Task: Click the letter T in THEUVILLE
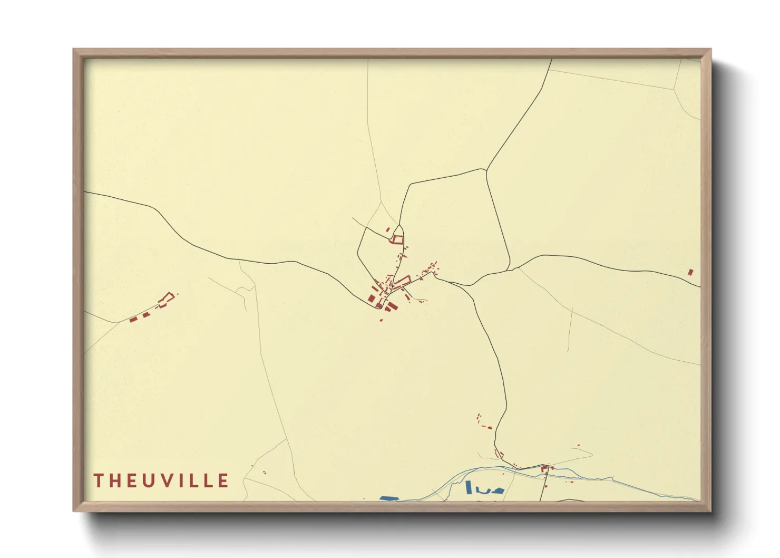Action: (99, 480)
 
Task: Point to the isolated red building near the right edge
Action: (690, 272)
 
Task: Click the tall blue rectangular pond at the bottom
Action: (468, 487)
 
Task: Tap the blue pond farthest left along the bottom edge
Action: (389, 498)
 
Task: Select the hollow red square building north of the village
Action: (397, 240)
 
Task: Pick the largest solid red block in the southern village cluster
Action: (391, 306)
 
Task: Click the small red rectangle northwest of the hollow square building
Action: (388, 229)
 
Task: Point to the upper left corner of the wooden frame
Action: (74, 50)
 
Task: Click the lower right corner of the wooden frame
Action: (710, 511)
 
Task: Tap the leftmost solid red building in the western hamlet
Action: (133, 319)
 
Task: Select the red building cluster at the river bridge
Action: (545, 468)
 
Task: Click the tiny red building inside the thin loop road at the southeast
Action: (578, 446)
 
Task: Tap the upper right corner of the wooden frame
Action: (710, 50)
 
